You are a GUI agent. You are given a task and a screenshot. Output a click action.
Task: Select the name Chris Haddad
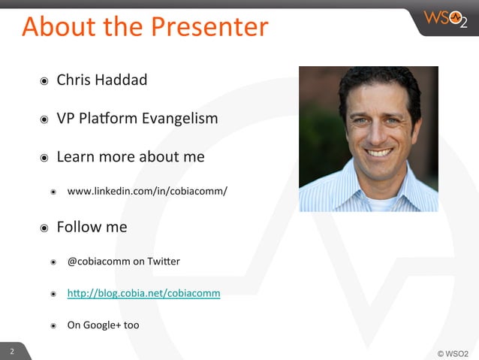coord(102,80)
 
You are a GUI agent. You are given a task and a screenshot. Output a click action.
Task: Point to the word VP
coord(66,118)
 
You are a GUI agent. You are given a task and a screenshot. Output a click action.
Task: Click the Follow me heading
coord(92,226)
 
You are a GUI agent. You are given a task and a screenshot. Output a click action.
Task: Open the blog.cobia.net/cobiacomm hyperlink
coord(143,293)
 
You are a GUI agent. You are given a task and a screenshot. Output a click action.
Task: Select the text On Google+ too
coord(103,325)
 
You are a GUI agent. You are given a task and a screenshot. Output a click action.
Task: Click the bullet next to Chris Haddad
coord(44,80)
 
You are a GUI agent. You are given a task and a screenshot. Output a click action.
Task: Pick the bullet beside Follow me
coord(44,227)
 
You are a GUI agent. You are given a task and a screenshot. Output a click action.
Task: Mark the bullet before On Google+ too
coord(53,326)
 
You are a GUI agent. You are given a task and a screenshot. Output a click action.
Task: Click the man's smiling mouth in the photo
coord(379,153)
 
